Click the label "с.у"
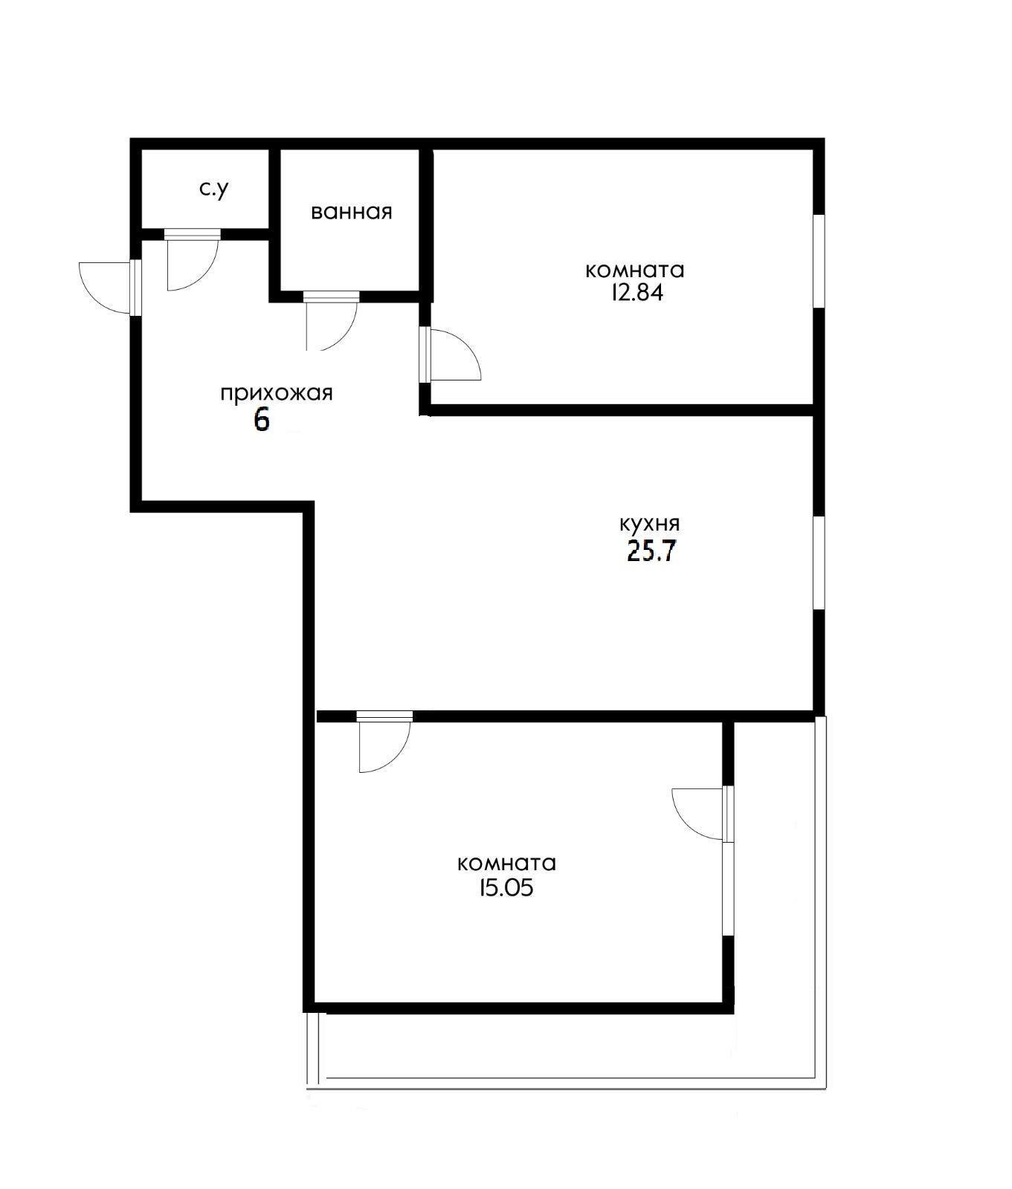213,189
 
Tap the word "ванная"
351,212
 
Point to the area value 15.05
507,888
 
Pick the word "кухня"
650,523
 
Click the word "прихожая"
276,393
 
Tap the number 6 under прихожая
261,420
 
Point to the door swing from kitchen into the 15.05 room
381,745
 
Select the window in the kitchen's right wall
819,563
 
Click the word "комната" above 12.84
635,269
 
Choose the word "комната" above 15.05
507,864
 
